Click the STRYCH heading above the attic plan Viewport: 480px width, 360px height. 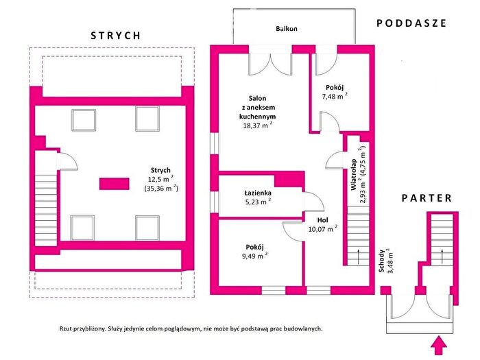(x=116, y=36)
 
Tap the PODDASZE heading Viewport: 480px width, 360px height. (x=411, y=23)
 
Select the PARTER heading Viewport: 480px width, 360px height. (x=427, y=198)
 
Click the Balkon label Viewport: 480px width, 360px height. (x=287, y=29)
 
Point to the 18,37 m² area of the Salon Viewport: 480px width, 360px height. (x=257, y=125)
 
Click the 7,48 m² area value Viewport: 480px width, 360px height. (x=335, y=96)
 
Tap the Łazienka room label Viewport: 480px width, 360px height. (x=258, y=193)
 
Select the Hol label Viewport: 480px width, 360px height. (x=323, y=220)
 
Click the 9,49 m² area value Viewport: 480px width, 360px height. (x=254, y=256)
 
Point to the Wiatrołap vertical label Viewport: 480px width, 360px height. (x=354, y=174)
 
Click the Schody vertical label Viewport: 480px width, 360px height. (x=381, y=261)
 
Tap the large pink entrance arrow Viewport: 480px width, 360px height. (x=439, y=346)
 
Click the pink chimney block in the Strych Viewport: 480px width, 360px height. (x=115, y=184)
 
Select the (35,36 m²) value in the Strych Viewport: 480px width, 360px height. (x=161, y=188)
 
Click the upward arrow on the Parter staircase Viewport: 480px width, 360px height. (x=442, y=256)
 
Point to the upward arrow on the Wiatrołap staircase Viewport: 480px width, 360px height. (x=358, y=256)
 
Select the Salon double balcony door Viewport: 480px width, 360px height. (x=270, y=64)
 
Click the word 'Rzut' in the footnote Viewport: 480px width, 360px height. (x=66, y=328)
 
